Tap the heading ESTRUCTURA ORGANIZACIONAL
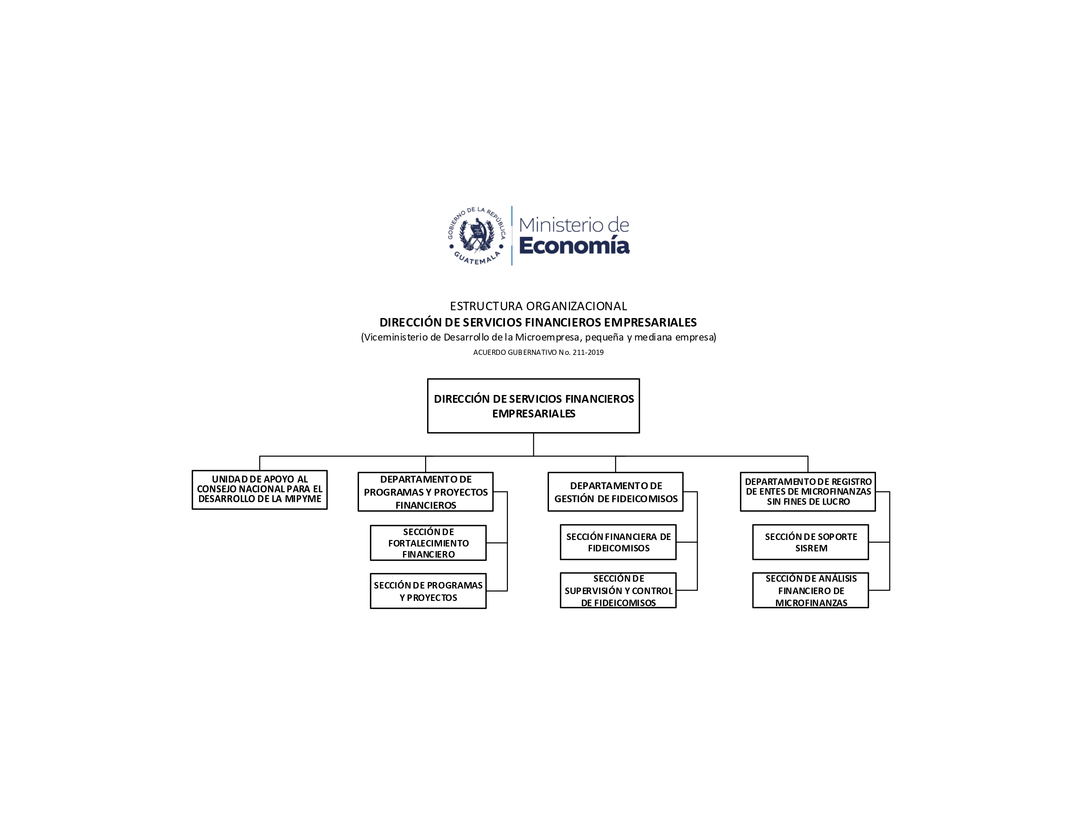tap(538, 306)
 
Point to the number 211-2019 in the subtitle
tap(588, 353)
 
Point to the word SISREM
tap(811, 548)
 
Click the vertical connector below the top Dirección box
tap(534, 445)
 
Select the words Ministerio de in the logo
tap(574, 225)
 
